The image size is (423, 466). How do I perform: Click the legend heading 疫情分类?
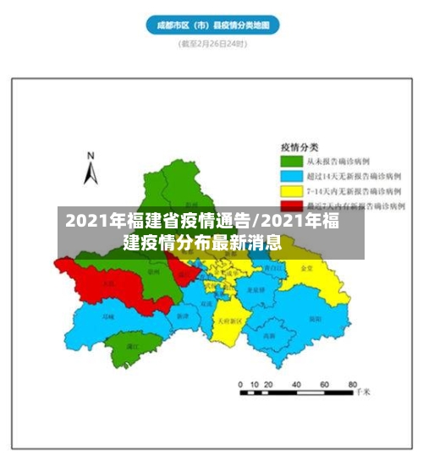click(299, 145)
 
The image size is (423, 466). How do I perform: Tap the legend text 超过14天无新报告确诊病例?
click(360, 175)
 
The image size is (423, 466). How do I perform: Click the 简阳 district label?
click(312, 319)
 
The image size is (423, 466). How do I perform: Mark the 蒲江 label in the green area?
click(131, 345)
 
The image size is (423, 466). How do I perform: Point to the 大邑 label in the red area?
click(108, 283)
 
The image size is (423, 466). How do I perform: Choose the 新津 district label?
click(183, 315)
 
